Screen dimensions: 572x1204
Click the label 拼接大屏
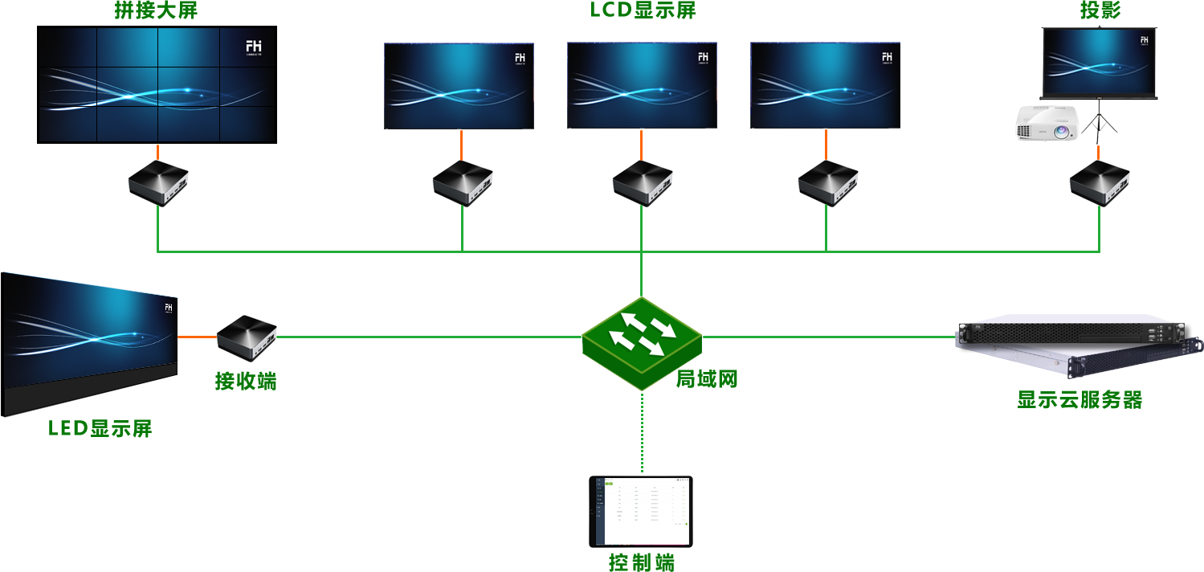click(x=157, y=11)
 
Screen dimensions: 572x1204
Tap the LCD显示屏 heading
click(x=643, y=10)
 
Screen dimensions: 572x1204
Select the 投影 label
click(x=1100, y=10)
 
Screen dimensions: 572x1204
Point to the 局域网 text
click(x=707, y=378)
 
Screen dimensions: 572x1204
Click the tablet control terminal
click(x=640, y=512)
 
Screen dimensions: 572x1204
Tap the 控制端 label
click(x=642, y=562)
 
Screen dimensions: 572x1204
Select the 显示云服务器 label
click(x=1080, y=399)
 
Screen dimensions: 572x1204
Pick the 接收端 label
click(x=246, y=380)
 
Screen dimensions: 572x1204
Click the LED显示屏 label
click(x=100, y=428)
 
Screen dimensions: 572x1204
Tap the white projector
click(x=1047, y=124)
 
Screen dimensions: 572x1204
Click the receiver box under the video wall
click(x=158, y=183)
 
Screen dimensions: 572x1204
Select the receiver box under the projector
click(x=1099, y=183)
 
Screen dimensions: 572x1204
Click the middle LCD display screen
click(x=642, y=85)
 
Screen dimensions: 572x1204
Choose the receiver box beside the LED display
click(x=247, y=337)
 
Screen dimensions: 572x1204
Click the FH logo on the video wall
click(x=254, y=47)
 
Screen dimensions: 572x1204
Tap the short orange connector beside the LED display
click(x=198, y=337)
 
